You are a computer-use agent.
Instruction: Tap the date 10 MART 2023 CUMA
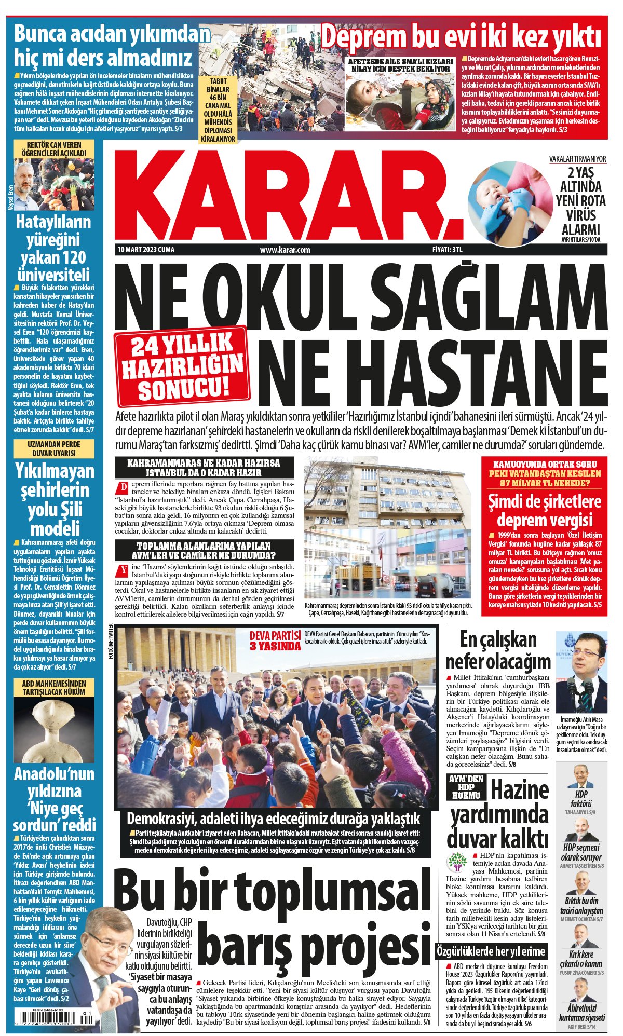point(146,250)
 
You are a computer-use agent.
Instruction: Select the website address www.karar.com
point(285,250)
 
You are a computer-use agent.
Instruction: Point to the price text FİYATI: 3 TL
point(447,250)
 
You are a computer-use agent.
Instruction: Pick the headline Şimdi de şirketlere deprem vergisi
point(544,511)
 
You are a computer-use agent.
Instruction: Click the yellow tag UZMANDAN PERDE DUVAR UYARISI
point(55,449)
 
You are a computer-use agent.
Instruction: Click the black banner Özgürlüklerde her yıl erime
point(491,951)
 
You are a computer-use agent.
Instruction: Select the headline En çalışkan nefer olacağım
point(498,651)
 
